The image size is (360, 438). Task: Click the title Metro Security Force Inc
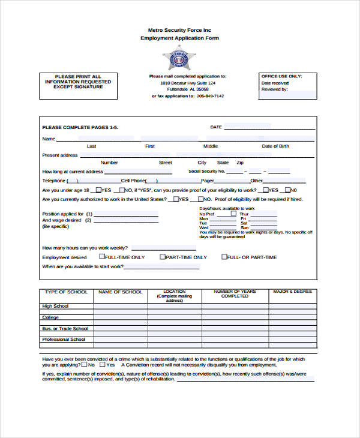pyautogui.click(x=179, y=29)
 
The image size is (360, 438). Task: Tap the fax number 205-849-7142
pyautogui.click(x=210, y=96)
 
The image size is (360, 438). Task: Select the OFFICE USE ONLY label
pyautogui.click(x=280, y=77)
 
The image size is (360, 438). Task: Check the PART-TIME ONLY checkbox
pyautogui.click(x=163, y=257)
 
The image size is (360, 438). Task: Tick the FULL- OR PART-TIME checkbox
pyautogui.click(x=224, y=257)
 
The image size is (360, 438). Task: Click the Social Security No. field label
pyautogui.click(x=206, y=171)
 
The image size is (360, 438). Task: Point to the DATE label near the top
pyautogui.click(x=216, y=127)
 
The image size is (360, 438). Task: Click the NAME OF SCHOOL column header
pyautogui.click(x=120, y=292)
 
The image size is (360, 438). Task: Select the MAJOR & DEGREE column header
pyautogui.click(x=292, y=292)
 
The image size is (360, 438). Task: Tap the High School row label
pyautogui.click(x=55, y=307)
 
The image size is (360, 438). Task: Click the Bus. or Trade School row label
pyautogui.click(x=65, y=329)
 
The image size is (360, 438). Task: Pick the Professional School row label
pyautogui.click(x=64, y=340)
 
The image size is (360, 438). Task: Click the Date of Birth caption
pyautogui.click(x=275, y=146)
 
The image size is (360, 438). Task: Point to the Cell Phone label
pyautogui.click(x=133, y=180)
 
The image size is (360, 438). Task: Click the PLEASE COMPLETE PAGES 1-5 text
pyautogui.click(x=80, y=128)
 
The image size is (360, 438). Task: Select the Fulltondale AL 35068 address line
pyautogui.click(x=188, y=89)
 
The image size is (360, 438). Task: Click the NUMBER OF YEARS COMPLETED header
pyautogui.click(x=235, y=293)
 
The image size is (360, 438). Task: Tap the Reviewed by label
pyautogui.click(x=275, y=89)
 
